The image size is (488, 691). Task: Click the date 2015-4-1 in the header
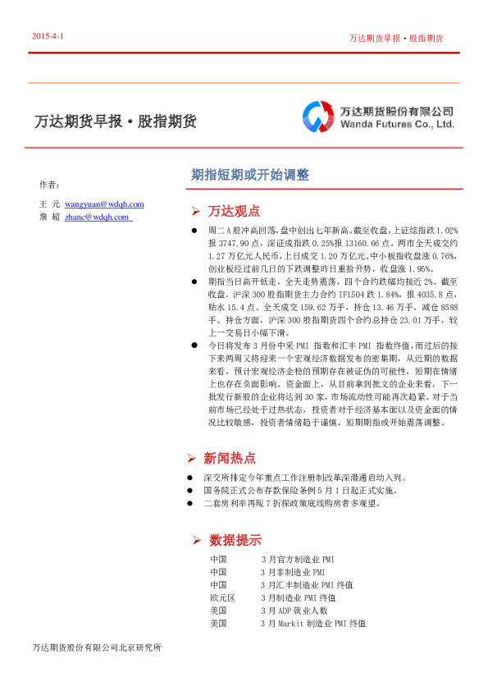(48, 37)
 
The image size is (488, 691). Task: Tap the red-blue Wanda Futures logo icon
(317, 117)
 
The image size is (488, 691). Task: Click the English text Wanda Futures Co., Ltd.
(397, 126)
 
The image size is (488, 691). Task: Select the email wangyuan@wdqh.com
(104, 204)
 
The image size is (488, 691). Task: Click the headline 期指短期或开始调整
(249, 175)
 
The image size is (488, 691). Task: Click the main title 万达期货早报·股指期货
(115, 121)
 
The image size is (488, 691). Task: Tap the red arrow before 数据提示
(196, 540)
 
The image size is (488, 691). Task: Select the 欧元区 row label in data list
(222, 597)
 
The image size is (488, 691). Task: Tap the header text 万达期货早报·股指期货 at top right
(395, 38)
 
